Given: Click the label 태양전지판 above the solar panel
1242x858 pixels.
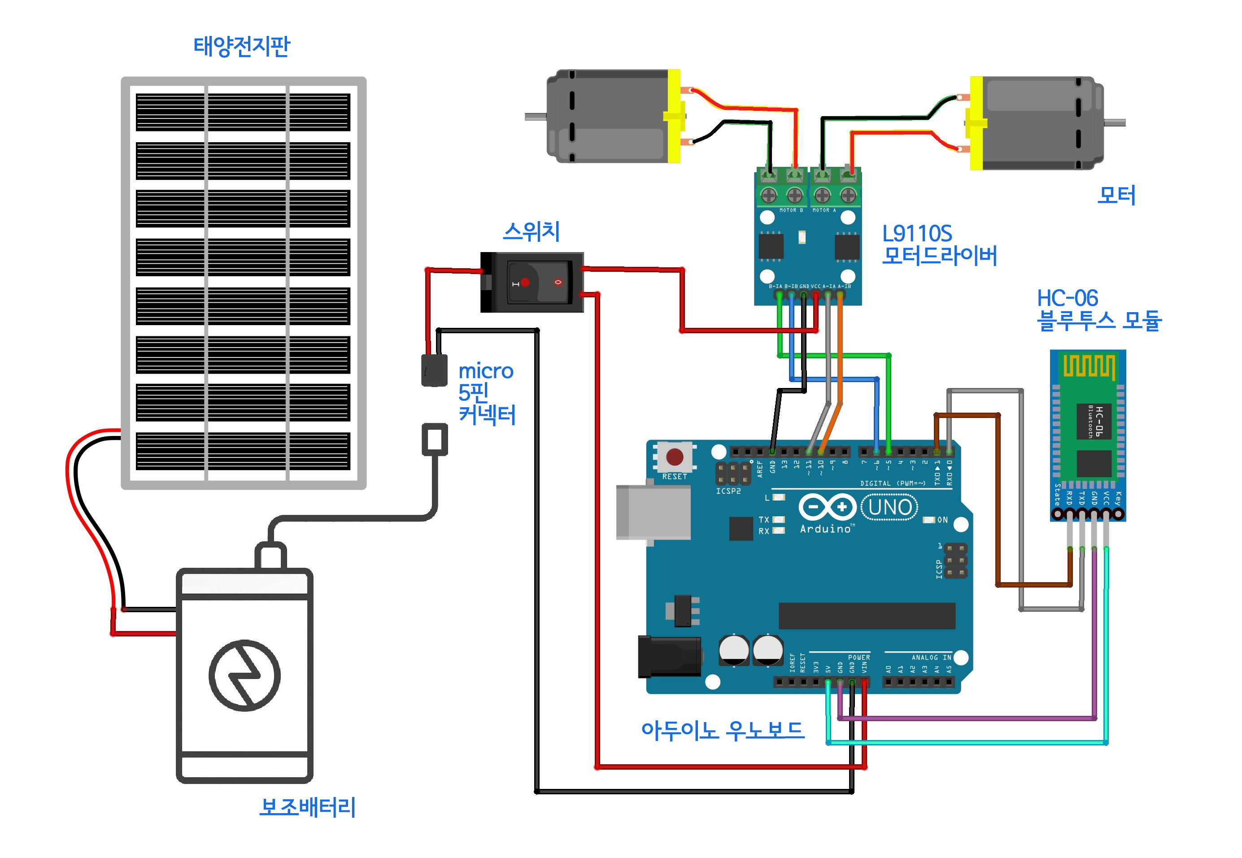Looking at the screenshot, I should (x=241, y=46).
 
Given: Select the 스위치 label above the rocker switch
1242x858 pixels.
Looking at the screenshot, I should (x=531, y=231).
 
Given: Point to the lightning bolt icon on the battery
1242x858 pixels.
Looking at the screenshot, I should (x=244, y=675).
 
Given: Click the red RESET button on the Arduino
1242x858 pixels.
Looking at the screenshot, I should (x=674, y=457).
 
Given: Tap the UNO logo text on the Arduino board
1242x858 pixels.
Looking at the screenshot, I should (x=889, y=507).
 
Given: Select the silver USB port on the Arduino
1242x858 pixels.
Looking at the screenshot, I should (x=653, y=512).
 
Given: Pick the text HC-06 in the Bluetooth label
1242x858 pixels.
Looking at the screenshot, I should (x=1067, y=298).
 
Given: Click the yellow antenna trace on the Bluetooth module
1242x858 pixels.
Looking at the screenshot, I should (x=1089, y=366).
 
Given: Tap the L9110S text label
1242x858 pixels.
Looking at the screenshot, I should (x=917, y=233).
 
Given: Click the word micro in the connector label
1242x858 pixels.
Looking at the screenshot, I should (x=485, y=371).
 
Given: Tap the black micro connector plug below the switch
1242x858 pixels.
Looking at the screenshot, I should (x=434, y=370).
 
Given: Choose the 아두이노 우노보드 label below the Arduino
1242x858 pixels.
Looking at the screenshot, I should (x=722, y=730).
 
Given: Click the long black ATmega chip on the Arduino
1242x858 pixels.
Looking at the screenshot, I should (x=866, y=615).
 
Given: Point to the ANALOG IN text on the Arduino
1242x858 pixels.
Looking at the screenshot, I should (x=931, y=657).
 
